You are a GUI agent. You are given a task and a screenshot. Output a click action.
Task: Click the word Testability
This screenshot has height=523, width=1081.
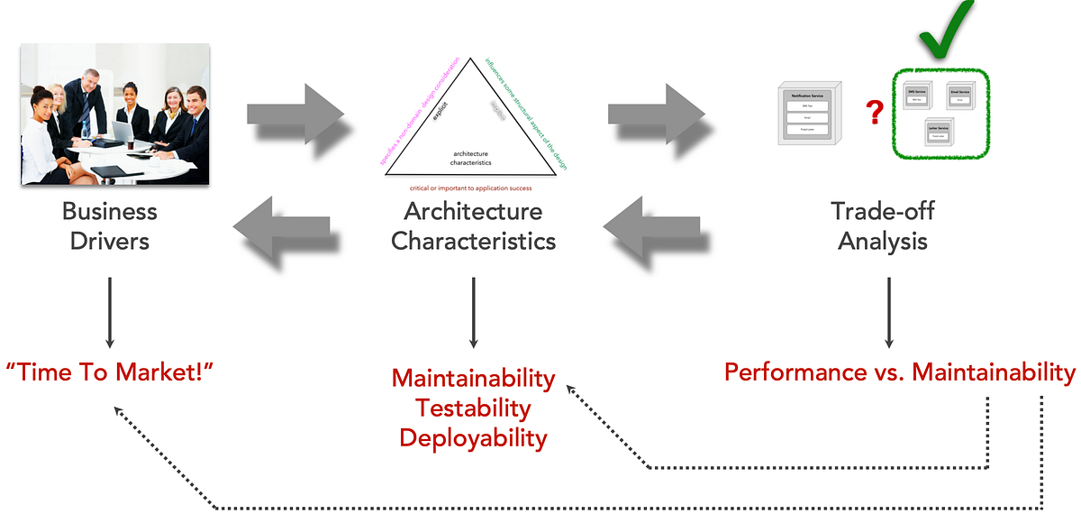(473, 408)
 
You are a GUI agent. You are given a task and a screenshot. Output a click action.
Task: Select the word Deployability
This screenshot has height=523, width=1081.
(473, 438)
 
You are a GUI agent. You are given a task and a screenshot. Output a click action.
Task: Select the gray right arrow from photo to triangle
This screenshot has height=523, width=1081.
(295, 114)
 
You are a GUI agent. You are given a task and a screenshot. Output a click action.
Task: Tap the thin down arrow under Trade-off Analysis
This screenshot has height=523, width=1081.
(889, 312)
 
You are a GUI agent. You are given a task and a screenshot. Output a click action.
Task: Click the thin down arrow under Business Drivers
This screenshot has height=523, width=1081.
(109, 312)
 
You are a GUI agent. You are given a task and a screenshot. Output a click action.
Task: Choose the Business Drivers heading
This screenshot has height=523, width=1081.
(109, 226)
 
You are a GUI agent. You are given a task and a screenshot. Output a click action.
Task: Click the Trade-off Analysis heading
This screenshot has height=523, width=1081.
(882, 226)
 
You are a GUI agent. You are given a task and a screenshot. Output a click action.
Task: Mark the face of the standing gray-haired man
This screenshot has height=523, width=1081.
(92, 79)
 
